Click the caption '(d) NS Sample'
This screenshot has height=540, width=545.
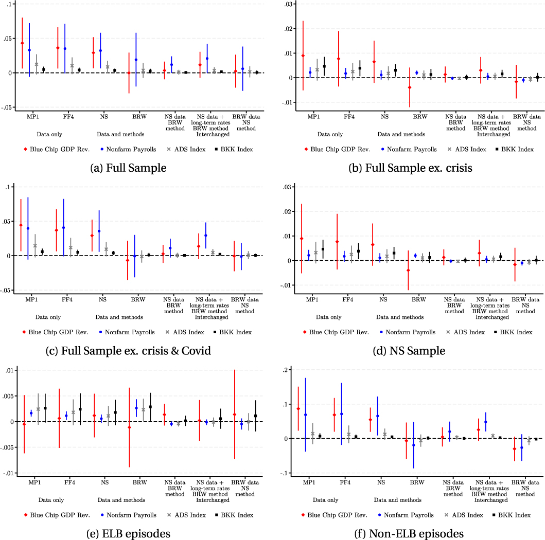(409, 351)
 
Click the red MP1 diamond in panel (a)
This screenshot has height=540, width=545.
(22, 43)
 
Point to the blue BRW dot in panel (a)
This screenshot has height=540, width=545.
(136, 60)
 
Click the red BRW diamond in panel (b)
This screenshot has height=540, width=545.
(409, 87)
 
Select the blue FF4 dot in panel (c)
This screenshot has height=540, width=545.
(64, 227)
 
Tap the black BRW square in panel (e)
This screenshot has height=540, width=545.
(150, 407)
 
